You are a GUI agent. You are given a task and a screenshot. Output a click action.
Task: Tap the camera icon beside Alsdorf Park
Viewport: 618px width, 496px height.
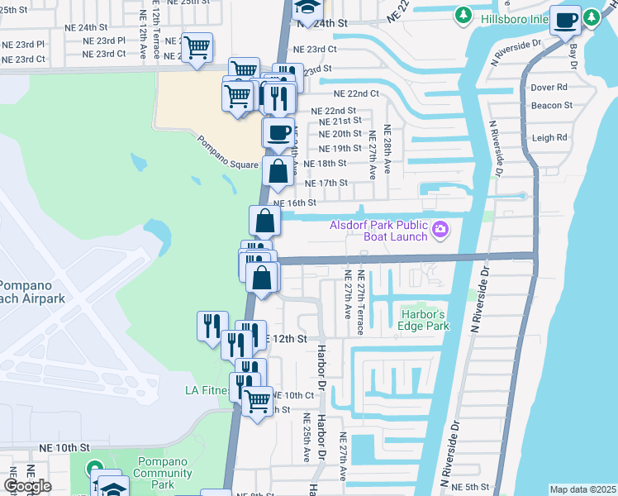[x=440, y=228]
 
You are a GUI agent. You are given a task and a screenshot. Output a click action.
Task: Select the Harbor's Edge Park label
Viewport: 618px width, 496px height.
[x=425, y=320]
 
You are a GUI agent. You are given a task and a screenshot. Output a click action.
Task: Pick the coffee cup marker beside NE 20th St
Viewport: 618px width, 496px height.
[x=278, y=131]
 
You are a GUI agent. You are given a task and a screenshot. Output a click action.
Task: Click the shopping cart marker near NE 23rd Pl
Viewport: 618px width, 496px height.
[x=197, y=48]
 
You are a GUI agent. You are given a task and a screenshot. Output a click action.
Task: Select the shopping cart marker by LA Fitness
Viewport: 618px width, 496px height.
[x=258, y=402]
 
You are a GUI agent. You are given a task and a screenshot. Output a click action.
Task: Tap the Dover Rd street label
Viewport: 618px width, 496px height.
[x=549, y=87]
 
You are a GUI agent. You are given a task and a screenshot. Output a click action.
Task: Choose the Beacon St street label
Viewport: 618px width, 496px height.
[x=551, y=105]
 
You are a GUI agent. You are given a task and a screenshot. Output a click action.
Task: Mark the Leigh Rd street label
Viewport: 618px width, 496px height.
[x=549, y=138]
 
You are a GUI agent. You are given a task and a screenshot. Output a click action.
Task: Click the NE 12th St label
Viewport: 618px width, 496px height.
[x=284, y=339]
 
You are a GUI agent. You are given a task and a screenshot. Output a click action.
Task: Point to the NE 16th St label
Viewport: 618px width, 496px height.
[x=294, y=203]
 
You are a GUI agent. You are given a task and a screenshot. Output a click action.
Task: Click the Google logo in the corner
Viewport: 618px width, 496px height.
[x=27, y=486]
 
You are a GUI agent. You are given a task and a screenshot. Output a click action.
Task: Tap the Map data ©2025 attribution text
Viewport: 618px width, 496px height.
[x=582, y=489]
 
